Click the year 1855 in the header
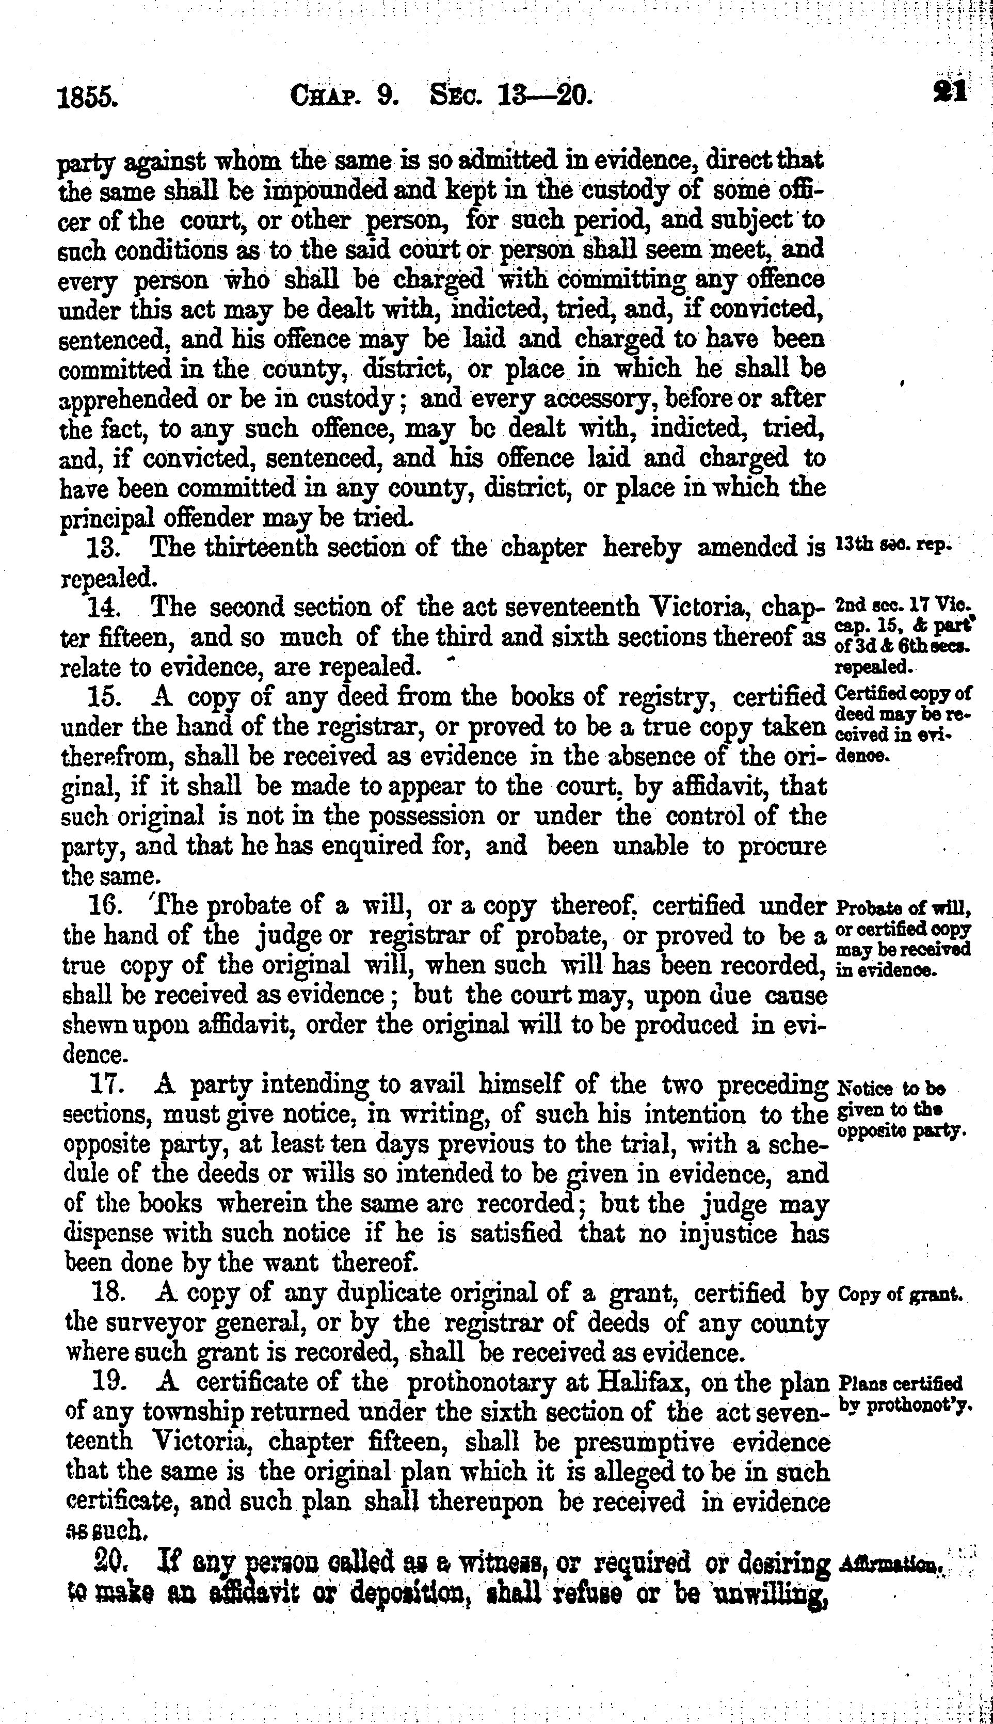coord(87,96)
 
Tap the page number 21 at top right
coord(950,91)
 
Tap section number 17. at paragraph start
coord(107,1084)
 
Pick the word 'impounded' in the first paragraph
coord(331,191)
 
